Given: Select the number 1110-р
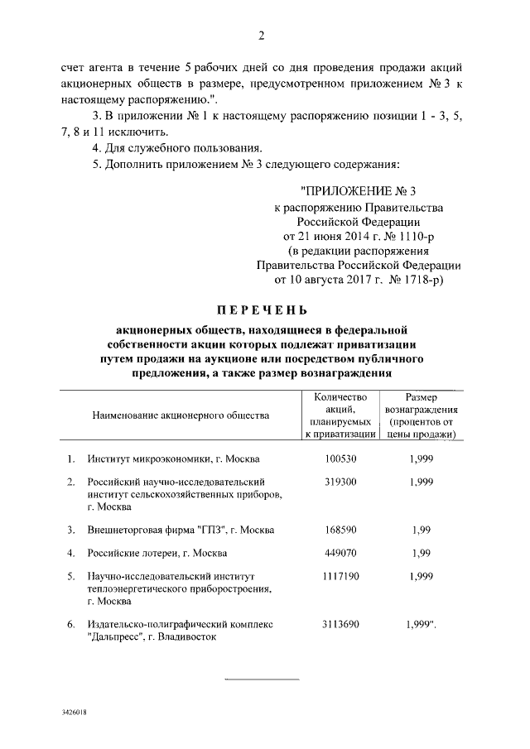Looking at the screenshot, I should pyautogui.click(x=414, y=236).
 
